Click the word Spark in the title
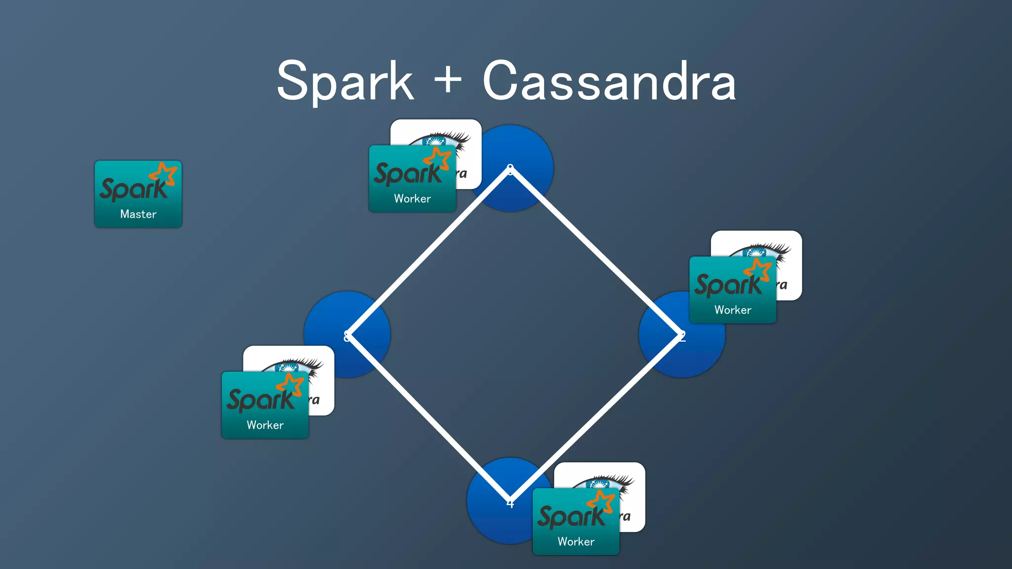[345, 81]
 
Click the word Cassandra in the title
[609, 81]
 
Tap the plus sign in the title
[448, 79]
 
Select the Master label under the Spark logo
[138, 214]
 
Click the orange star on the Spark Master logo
[164, 174]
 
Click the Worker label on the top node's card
[412, 199]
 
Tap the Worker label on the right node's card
[732, 310]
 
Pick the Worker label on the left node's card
[265, 425]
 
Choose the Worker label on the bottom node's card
[576, 541]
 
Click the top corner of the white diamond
[510, 169]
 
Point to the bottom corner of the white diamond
[510, 500]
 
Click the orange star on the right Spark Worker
[759, 270]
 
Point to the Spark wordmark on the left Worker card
[259, 399]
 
